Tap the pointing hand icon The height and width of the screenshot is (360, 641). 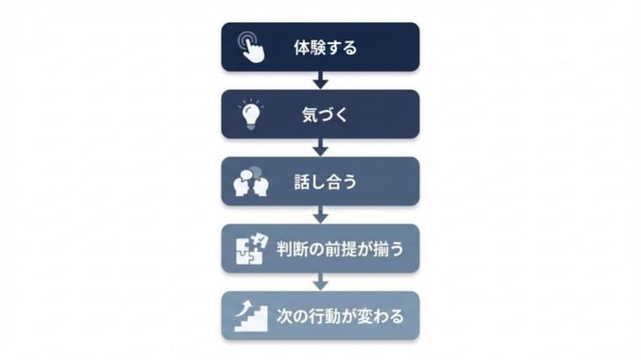pos(249,48)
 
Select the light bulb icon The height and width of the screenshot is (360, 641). pos(250,115)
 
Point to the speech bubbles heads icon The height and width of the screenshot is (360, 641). pos(250,181)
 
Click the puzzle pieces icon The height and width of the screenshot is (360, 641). pos(250,248)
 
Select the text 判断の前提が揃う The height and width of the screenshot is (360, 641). pos(340,248)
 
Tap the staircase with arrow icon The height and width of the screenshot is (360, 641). pos(250,315)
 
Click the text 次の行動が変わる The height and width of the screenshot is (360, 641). pos(340,316)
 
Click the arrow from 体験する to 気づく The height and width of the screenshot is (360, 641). pos(320,81)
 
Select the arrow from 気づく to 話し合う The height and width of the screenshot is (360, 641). pos(320,147)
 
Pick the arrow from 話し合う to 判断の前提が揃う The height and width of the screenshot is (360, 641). pos(320,214)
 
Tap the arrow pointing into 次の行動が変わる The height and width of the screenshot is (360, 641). pos(320,281)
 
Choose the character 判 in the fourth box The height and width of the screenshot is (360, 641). pos(286,248)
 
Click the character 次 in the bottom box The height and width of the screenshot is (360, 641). pos(285,316)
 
